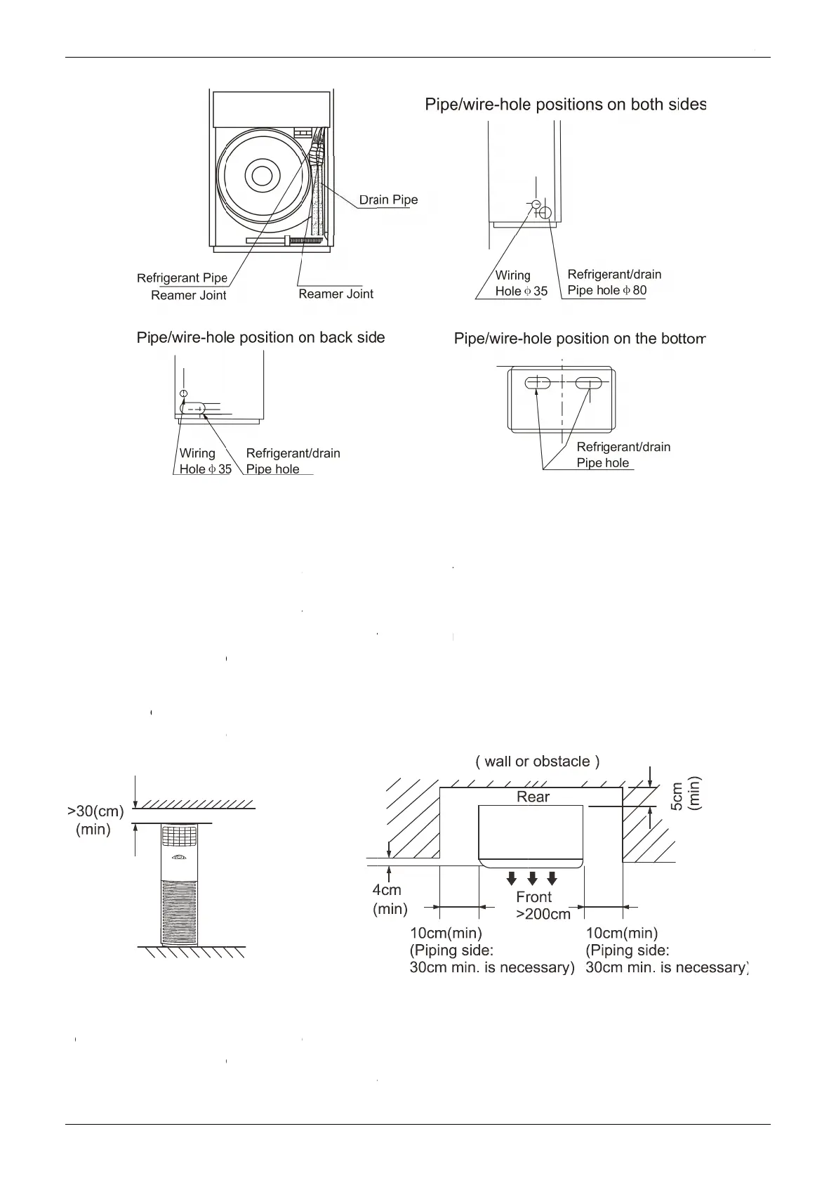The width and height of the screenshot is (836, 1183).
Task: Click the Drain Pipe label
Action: coord(388,200)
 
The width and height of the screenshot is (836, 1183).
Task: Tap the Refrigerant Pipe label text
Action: coord(182,278)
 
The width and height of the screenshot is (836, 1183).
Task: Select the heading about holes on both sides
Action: coord(565,105)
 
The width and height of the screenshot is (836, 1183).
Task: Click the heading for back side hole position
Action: coord(260,338)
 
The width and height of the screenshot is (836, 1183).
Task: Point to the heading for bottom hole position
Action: coord(579,339)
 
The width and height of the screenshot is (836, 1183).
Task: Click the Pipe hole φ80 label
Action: coord(607,290)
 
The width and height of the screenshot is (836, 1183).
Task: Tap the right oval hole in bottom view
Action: coord(589,384)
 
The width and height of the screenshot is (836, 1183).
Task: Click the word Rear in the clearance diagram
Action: coord(533,797)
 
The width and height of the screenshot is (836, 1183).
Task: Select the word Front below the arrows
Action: coord(533,897)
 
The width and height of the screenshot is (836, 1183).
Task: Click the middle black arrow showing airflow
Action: coord(532,878)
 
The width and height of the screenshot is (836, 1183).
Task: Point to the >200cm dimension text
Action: coord(543,914)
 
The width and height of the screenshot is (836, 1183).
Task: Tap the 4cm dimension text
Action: coord(387,891)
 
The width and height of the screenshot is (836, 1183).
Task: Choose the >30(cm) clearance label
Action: coord(95,811)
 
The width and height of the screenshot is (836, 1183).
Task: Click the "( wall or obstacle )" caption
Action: coord(537,762)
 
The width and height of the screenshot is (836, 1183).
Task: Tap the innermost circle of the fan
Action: coord(262,176)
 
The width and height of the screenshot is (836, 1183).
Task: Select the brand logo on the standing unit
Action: coord(180,856)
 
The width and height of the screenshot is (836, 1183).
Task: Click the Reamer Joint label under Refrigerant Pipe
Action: coord(188,296)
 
